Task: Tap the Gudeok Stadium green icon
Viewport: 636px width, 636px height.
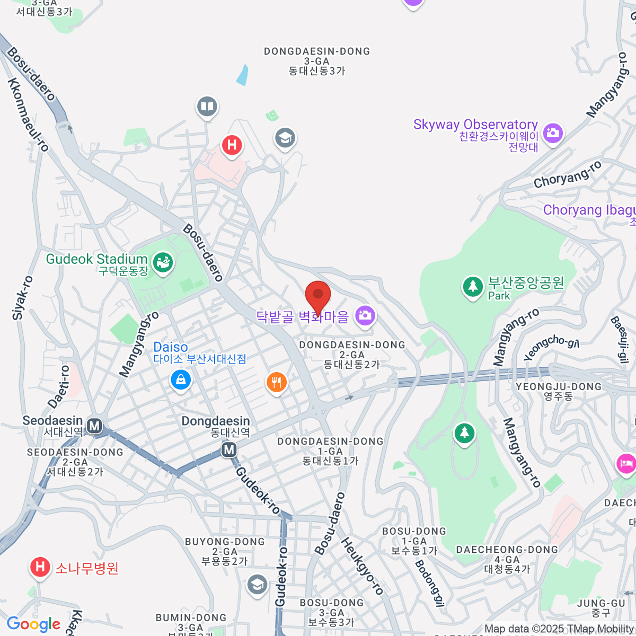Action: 162,262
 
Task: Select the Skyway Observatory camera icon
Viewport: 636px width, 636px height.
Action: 553,132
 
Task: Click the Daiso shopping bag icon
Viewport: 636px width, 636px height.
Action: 181,379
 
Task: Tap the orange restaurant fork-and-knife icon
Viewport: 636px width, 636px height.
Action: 276,382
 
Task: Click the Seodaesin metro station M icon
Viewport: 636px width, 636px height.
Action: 94,426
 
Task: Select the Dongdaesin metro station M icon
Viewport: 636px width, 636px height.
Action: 229,450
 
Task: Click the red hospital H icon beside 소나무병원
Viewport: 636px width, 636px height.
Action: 40,567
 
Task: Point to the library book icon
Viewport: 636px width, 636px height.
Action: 207,107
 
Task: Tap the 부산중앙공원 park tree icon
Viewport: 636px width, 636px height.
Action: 472,287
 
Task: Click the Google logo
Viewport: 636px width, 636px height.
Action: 34,624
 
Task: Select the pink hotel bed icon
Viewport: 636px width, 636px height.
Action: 626,464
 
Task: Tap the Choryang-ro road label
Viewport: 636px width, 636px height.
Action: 568,174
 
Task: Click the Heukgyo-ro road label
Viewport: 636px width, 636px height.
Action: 362,566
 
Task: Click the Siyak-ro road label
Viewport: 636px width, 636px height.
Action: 22,298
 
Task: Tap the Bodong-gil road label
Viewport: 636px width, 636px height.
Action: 429,582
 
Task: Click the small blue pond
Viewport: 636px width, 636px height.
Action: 242,75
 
